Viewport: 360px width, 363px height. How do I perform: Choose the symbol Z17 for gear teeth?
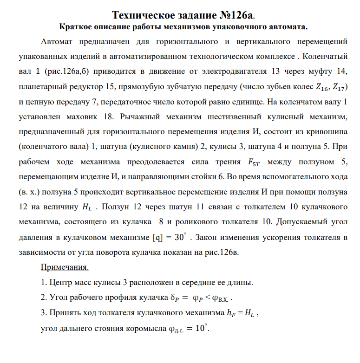(333, 87)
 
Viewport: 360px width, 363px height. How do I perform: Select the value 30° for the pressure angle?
(178, 236)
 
